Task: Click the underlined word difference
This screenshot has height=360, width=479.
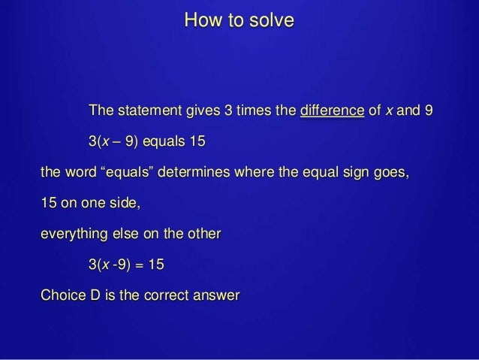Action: click(332, 113)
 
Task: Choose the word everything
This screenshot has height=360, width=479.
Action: click(74, 234)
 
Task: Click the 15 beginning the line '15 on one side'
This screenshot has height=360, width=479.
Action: click(48, 203)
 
